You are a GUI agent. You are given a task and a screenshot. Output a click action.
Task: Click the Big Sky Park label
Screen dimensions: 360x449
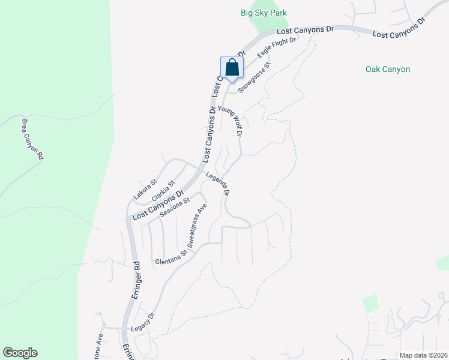264,13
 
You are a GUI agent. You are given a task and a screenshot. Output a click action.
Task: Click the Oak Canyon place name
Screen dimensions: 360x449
388,69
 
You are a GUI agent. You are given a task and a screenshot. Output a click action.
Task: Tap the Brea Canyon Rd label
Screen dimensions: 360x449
33,139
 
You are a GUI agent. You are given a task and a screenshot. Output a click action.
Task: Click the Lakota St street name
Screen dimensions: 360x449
145,188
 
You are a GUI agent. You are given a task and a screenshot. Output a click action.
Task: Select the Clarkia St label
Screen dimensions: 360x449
163,191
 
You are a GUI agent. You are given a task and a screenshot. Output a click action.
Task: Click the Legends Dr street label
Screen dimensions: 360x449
218,184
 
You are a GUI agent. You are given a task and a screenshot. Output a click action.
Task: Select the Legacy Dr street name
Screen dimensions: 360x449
143,323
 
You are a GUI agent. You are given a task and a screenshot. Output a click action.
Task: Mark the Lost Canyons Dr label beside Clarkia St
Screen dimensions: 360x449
157,206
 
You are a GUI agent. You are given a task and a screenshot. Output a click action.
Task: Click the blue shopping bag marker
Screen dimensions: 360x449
232,68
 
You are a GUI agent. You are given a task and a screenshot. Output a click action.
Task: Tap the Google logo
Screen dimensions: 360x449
20,353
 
